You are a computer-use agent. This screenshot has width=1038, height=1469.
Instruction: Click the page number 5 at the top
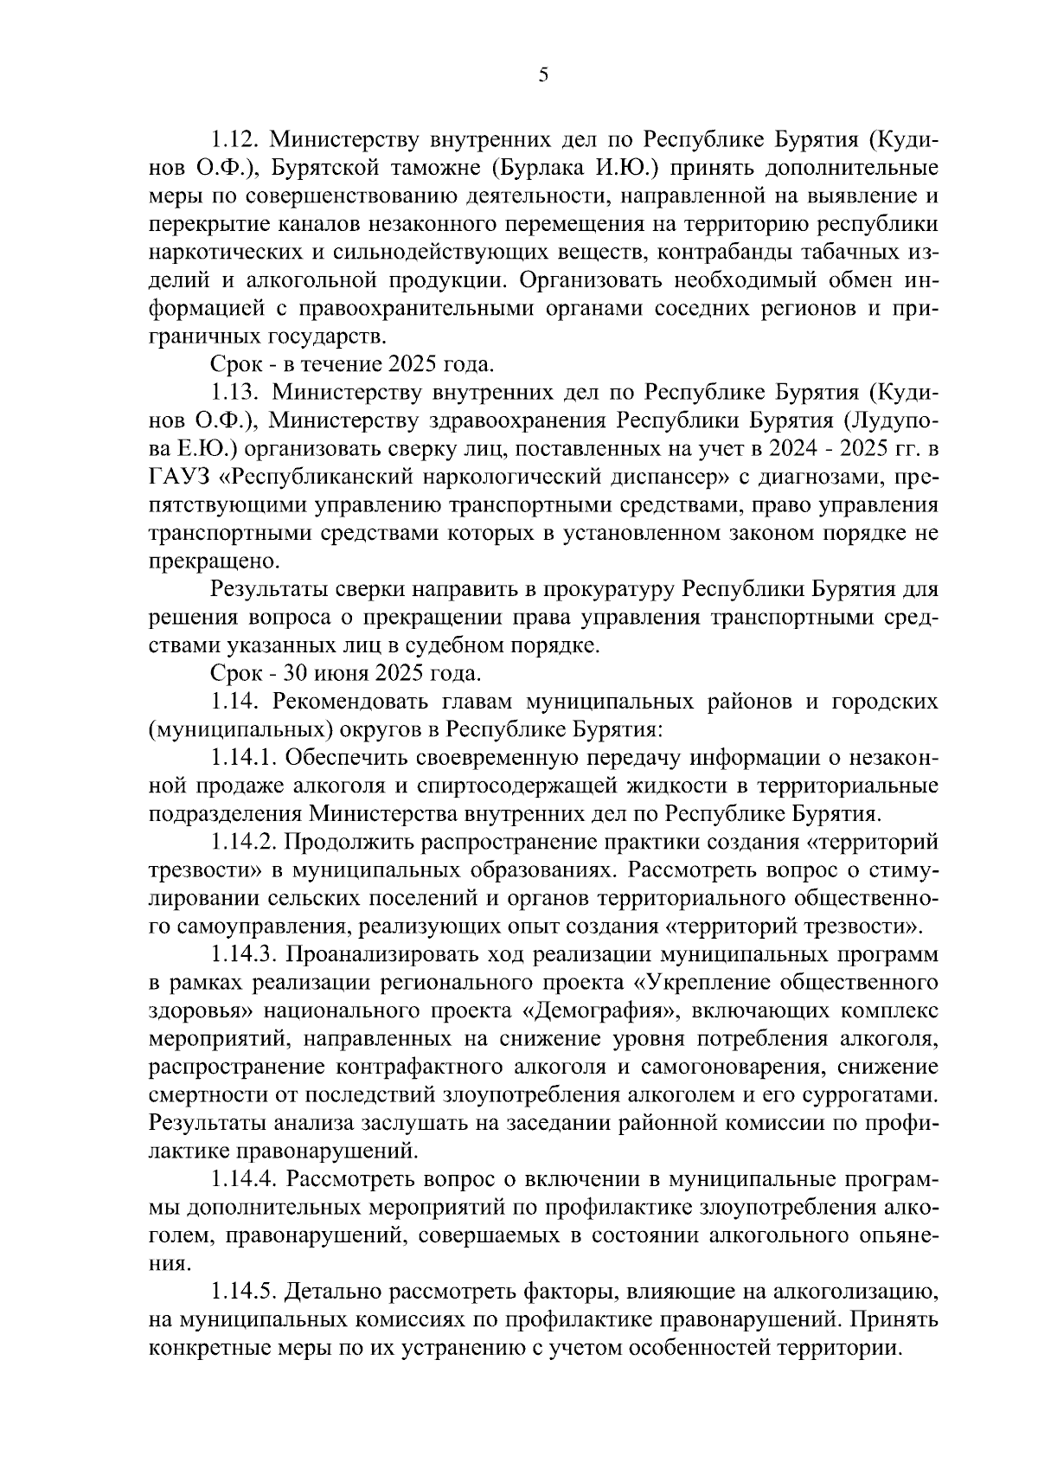pyautogui.click(x=543, y=75)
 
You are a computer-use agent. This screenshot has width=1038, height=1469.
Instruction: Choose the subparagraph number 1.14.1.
pyautogui.click(x=244, y=759)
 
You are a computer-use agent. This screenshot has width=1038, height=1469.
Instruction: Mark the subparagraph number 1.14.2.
pyautogui.click(x=244, y=843)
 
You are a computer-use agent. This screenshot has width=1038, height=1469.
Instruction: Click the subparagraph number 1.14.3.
pyautogui.click(x=244, y=955)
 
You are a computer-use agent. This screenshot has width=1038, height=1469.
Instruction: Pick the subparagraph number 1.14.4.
pyautogui.click(x=244, y=1180)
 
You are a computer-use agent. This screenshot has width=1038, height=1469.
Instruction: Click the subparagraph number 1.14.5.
pyautogui.click(x=244, y=1293)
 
